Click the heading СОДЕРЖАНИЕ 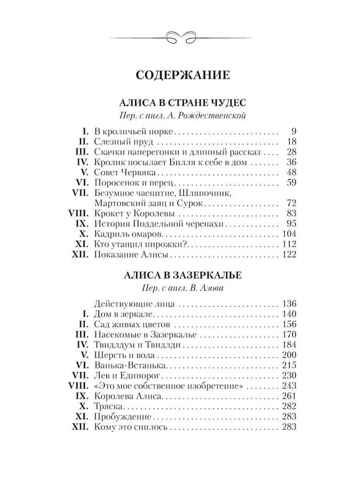tap(180, 75)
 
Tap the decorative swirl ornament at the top tap(180, 36)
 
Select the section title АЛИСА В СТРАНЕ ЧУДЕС tap(179, 103)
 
